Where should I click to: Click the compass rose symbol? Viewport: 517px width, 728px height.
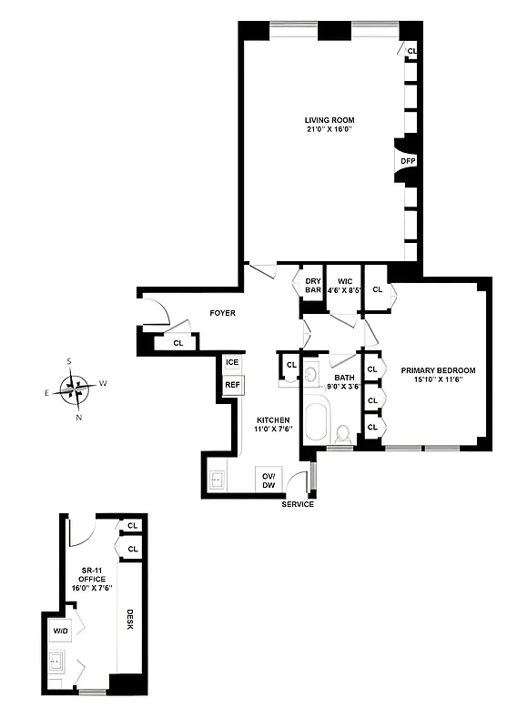[x=77, y=389]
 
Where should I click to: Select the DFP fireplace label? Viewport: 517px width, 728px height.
[x=408, y=162]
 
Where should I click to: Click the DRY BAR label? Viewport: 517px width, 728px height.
[x=313, y=286]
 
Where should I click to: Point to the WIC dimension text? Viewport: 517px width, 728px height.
[x=344, y=291]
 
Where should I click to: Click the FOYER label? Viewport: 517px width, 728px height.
[x=222, y=313]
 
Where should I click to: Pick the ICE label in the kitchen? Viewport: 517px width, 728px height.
[x=232, y=363]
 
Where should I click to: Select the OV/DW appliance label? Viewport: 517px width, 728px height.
[x=269, y=480]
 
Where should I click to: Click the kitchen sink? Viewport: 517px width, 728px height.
[x=218, y=480]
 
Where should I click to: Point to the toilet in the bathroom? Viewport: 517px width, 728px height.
[x=343, y=432]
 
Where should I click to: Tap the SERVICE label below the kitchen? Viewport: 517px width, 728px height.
[x=298, y=504]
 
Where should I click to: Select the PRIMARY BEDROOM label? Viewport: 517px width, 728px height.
[x=433, y=375]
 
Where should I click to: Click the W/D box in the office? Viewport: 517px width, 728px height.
[x=60, y=631]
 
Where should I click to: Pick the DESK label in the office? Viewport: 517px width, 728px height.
[x=130, y=624]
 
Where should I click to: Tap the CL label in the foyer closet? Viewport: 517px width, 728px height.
[x=178, y=343]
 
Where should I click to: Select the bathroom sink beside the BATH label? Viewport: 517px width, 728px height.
[x=311, y=373]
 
